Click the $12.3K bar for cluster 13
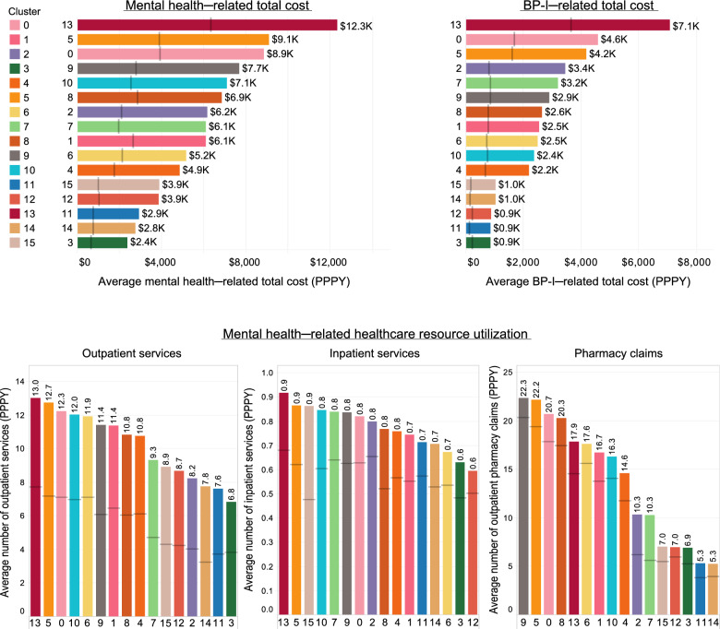point(208,25)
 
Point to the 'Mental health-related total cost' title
point(208,6)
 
